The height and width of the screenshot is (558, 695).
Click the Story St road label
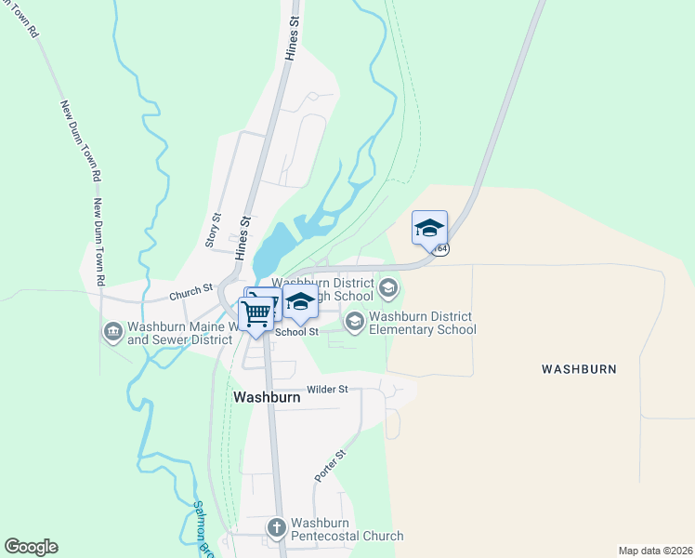pos(213,230)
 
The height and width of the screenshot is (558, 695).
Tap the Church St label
pos(191,294)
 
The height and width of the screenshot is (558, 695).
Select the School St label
pos(296,332)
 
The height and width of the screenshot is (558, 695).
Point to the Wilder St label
pos(327,391)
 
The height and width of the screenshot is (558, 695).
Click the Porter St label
pos(330,465)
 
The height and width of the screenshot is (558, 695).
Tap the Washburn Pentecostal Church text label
pos(347,529)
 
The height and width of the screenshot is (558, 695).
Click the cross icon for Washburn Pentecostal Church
pos(276,528)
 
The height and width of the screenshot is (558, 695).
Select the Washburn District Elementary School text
pos(423,323)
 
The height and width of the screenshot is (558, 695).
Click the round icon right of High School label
pos(388,287)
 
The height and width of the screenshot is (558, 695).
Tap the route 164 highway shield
pos(441,249)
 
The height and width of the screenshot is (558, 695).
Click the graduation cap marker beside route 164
pos(429,228)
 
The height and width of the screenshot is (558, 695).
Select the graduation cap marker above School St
pos(299,302)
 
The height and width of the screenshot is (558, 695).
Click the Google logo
pos(31,547)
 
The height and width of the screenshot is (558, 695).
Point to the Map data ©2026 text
pos(654,551)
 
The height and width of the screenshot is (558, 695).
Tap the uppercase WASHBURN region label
pos(579,369)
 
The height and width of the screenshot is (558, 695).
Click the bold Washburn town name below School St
pos(267,397)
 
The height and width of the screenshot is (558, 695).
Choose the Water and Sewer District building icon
pos(112,332)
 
